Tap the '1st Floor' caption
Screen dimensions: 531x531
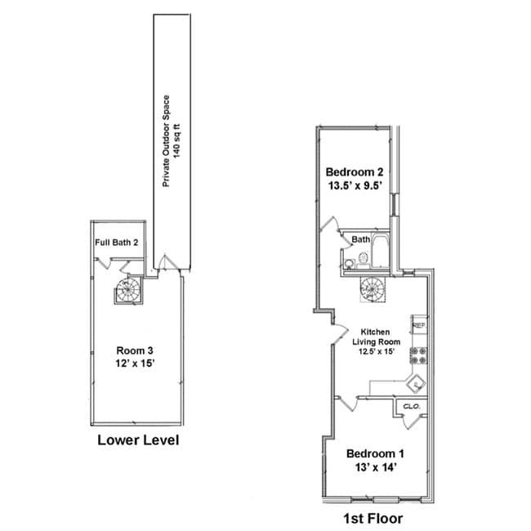[x=371, y=518]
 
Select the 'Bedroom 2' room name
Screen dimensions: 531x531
[x=354, y=172]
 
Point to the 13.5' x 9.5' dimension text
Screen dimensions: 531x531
[x=354, y=187]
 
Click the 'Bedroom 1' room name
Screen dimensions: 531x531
[x=374, y=453]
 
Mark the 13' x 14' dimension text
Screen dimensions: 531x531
[x=374, y=468]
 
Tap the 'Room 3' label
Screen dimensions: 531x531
[x=134, y=351]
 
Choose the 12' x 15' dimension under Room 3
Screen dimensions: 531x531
[x=134, y=365]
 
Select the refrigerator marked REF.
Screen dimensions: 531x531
[x=419, y=325]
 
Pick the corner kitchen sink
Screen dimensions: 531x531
[x=416, y=382]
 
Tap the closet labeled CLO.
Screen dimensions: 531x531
[x=410, y=405]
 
